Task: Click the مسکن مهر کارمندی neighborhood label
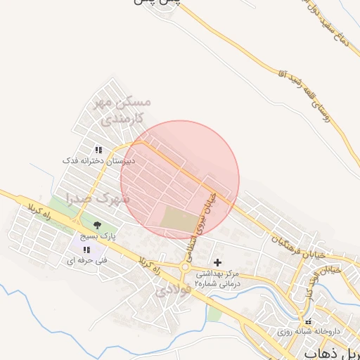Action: point(118,111)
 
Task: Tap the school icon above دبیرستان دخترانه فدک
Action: point(98,150)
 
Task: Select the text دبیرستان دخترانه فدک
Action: point(91,160)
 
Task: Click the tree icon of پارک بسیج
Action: point(96,226)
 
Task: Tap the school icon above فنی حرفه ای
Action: point(86,250)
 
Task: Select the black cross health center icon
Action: point(217,262)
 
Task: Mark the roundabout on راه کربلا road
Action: point(185,266)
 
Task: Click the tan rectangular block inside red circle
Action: point(180,219)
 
